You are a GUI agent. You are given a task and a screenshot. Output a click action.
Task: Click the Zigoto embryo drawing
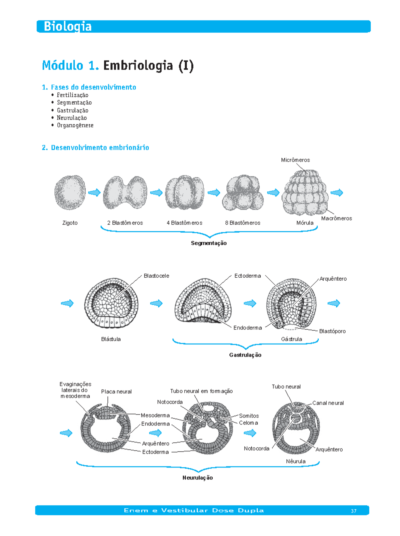[x=70, y=193]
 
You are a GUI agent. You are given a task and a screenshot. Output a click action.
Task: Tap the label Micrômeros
[x=295, y=160]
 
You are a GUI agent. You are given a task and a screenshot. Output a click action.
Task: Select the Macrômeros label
[x=336, y=218]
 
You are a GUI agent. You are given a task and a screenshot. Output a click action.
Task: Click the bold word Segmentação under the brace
[x=209, y=243]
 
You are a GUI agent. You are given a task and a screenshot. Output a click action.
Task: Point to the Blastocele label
[x=156, y=276]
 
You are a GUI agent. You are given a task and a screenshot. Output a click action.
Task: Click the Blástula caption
[x=111, y=339]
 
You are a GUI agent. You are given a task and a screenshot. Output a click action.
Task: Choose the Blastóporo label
[x=332, y=331]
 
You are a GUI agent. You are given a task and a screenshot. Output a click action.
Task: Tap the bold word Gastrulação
[x=245, y=355]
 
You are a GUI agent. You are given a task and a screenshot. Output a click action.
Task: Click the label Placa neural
[x=116, y=392]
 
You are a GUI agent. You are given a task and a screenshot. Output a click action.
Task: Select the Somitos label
[x=249, y=416]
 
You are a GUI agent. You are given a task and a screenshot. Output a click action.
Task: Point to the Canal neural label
[x=328, y=403]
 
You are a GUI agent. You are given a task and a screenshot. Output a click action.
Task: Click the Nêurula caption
[x=296, y=461]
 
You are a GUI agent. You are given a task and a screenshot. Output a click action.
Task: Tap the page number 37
[x=354, y=511]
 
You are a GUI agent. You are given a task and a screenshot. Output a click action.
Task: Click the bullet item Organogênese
[x=75, y=126]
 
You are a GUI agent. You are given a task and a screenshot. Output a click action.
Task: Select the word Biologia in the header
[x=68, y=27]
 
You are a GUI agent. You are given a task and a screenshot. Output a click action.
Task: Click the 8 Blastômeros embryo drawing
[x=243, y=193]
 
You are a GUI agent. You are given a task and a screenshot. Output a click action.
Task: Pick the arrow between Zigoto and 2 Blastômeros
[x=95, y=193]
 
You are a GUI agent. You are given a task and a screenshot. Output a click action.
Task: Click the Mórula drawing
[x=305, y=193]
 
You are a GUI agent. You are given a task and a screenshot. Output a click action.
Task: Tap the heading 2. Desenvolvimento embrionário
[x=96, y=148]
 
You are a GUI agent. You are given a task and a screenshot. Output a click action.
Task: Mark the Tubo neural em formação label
[x=201, y=392]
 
